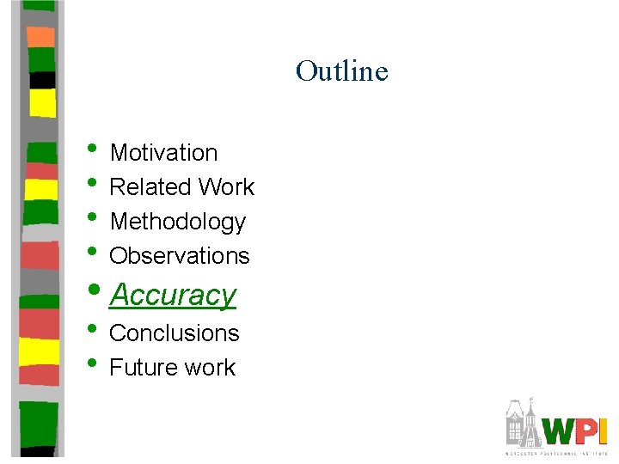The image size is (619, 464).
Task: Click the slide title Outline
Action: (341, 70)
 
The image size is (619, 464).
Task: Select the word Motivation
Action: (163, 153)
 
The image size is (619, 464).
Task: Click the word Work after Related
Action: (226, 187)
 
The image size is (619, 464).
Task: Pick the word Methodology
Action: (178, 222)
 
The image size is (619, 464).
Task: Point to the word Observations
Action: (180, 256)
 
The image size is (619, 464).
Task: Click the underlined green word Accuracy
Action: (173, 295)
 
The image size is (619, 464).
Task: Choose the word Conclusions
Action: (175, 333)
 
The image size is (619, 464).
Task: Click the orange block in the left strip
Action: (40, 36)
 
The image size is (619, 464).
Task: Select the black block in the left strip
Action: (41, 80)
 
